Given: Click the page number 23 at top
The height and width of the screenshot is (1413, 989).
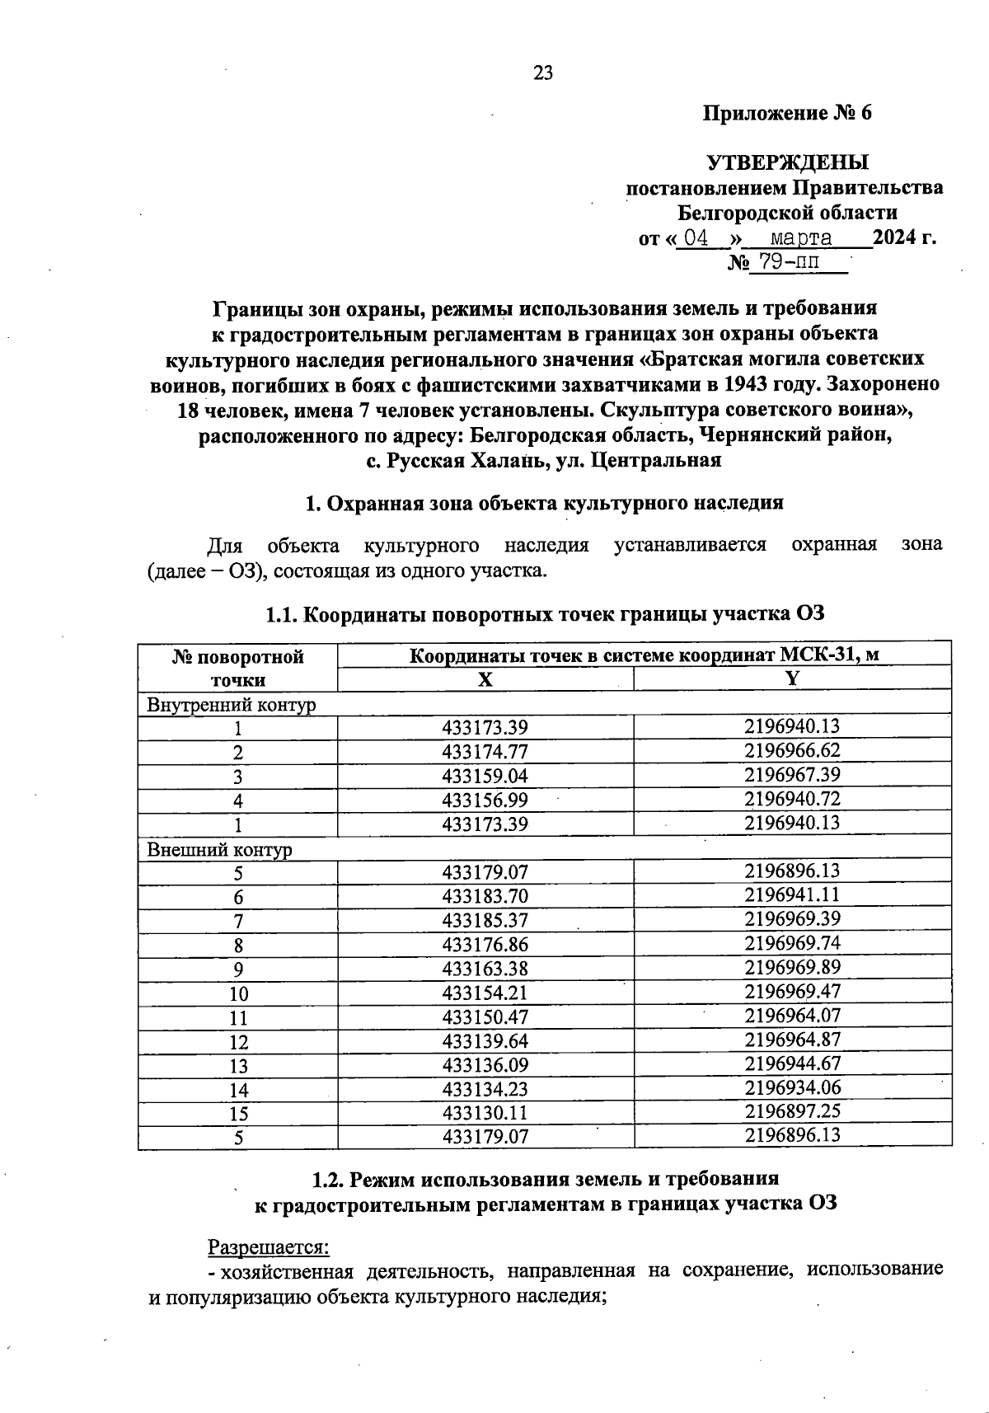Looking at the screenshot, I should pos(543,73).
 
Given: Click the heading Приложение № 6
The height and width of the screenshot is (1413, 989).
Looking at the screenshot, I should pos(786,113).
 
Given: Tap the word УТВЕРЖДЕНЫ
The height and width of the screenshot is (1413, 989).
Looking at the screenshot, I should pos(787,162).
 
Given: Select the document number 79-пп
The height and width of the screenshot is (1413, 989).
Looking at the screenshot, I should pos(789,263).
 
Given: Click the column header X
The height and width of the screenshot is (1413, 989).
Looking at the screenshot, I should pos(485,679).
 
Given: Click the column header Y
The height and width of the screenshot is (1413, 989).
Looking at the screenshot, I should pos(792,678).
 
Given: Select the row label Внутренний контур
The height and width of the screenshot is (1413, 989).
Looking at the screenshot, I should pos(232,705).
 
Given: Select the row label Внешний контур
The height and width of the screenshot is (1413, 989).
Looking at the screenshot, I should pos(219,849).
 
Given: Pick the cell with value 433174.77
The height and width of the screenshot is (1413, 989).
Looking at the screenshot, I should pos(485,752).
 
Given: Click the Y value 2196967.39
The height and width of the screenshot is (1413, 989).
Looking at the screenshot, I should pos(792,774).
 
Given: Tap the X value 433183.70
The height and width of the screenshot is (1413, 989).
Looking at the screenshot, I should pos(485,896).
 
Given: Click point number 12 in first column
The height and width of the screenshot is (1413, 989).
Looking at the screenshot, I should pos(238,1042).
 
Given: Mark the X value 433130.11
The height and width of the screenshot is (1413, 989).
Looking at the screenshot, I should pos(485,1113).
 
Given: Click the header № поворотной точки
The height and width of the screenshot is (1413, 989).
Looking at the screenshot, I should pos(238,668).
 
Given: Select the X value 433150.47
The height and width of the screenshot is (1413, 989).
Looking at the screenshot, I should pos(485,1016).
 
